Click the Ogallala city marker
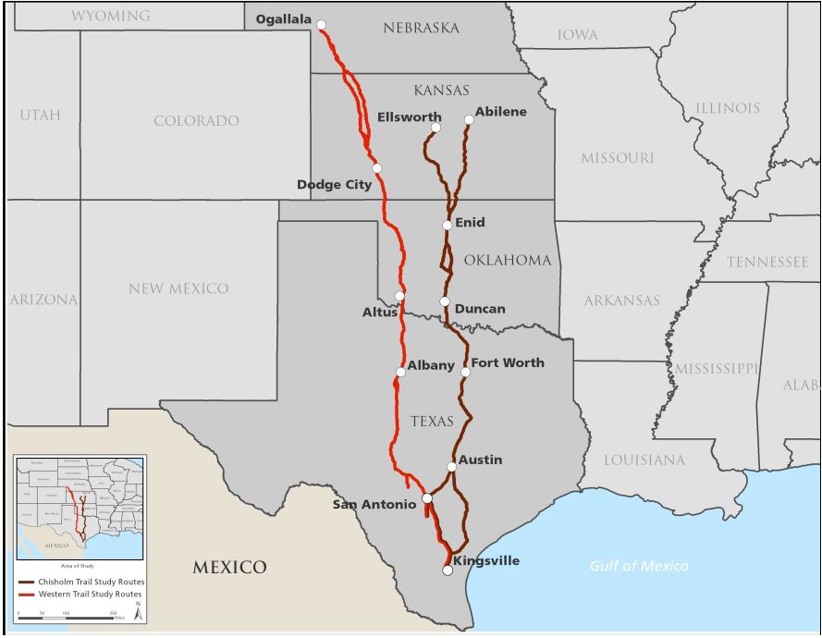point(321,25)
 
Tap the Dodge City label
point(334,185)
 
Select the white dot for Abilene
point(469,119)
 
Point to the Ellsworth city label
point(409,117)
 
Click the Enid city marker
point(448,225)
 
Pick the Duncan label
point(480,309)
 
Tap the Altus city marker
point(399,296)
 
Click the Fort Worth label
point(508,363)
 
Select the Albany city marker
point(400,373)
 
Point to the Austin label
point(481,460)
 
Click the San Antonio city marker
point(427,498)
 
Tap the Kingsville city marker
point(448,571)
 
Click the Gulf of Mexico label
point(639,566)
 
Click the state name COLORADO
point(196,121)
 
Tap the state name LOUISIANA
point(644,460)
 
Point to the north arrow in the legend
point(138,607)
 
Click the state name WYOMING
point(110,17)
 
